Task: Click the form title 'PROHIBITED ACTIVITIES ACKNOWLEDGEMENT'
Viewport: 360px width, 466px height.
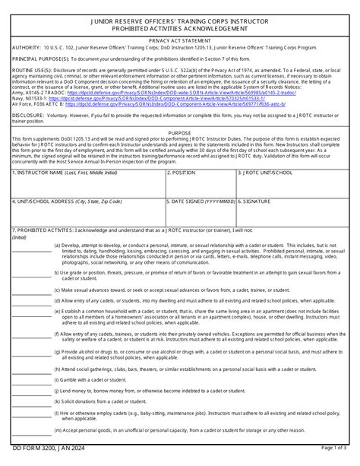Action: tap(180, 28)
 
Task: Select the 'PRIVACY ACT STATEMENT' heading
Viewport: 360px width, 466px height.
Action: tap(180, 38)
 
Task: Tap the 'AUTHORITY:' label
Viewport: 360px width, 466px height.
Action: tap(27, 46)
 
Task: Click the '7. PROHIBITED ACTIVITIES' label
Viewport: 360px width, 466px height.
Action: tap(46, 228)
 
